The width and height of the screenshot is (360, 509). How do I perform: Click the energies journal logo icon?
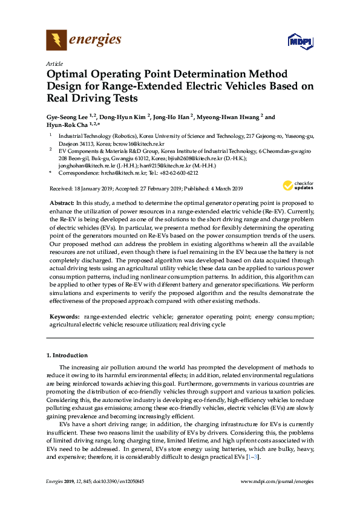point(56,41)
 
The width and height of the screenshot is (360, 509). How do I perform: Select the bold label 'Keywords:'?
point(65,316)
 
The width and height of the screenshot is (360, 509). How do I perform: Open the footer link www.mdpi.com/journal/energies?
point(277,481)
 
